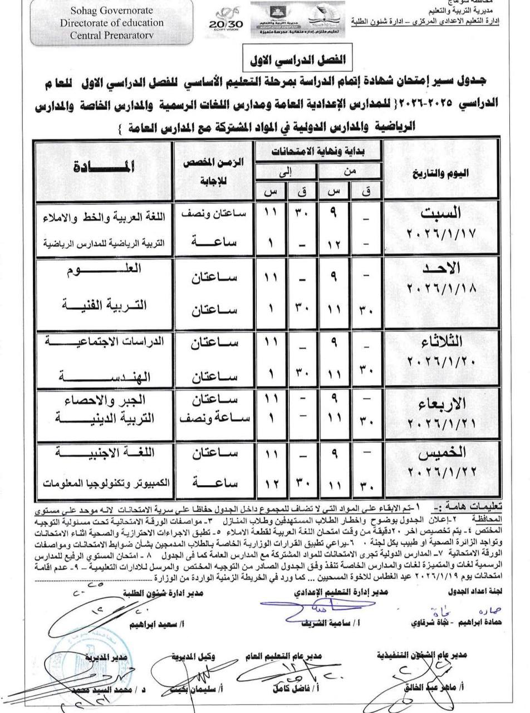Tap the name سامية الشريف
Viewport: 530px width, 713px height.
tap(315, 622)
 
